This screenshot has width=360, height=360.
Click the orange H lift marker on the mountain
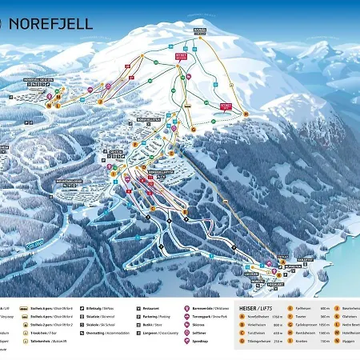pos(246,114)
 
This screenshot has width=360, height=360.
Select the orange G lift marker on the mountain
pos(193,128)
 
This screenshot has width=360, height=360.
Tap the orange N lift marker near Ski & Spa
pos(49,105)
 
